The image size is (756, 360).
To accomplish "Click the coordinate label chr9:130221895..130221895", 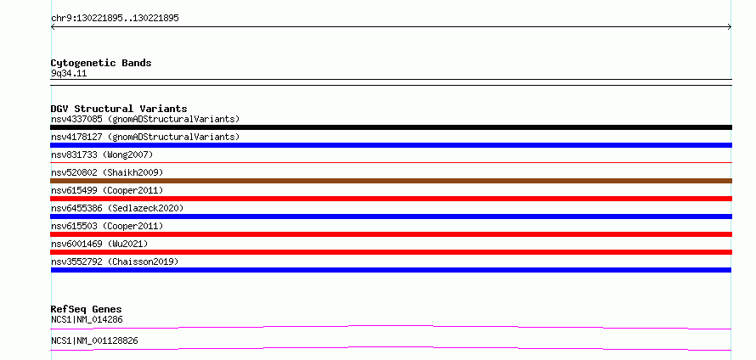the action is point(115,19).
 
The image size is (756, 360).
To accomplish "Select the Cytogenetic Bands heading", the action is point(101,63).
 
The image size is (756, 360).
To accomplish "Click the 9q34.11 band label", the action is point(69,74).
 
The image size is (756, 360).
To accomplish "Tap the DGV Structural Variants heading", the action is point(119,109).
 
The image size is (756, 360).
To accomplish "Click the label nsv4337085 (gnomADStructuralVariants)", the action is point(145,119).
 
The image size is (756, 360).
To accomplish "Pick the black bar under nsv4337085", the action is point(391,127).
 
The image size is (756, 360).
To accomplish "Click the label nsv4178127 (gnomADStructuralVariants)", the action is point(145,137).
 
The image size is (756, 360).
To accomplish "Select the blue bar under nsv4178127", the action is point(391,145).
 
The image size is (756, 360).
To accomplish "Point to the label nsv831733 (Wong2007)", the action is point(102,155).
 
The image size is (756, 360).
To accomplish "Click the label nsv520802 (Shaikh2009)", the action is point(107,172).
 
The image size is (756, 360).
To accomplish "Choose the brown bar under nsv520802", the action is point(391,181).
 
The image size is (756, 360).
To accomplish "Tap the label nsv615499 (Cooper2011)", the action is point(107,190).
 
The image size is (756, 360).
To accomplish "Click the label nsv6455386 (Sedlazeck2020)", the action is point(117,208).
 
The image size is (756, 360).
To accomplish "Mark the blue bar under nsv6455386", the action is point(391,217).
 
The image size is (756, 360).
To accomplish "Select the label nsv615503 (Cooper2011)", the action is point(107,226).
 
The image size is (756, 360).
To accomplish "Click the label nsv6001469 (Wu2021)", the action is point(99,244).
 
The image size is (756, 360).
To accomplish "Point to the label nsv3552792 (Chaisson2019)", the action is point(115,262).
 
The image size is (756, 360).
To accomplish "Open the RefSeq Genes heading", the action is point(87,309).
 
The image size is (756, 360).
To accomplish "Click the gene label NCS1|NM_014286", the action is point(89,319).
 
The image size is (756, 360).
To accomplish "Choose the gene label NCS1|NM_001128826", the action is point(94,340).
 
